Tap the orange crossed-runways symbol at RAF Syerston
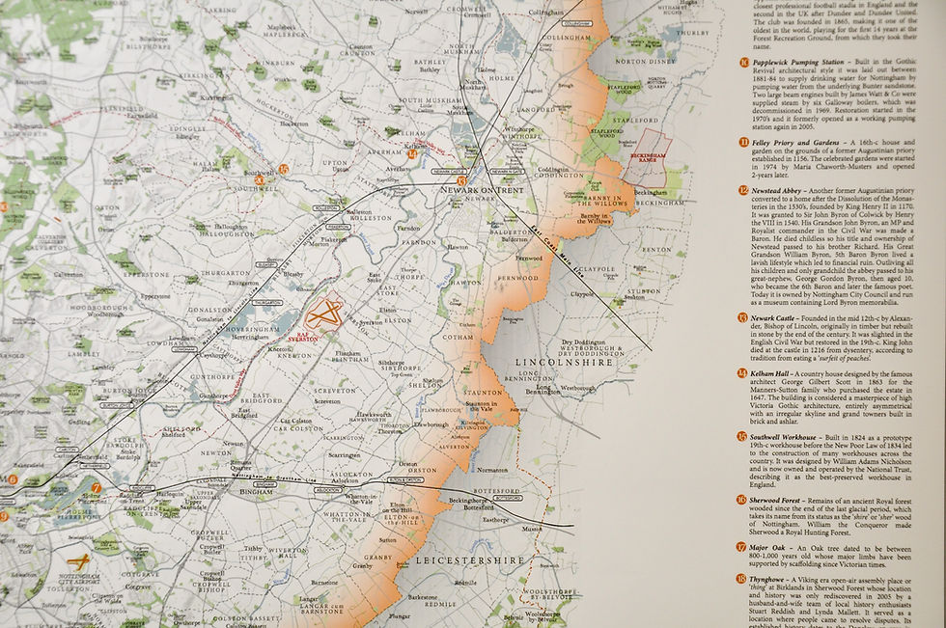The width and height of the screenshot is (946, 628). click(323, 310)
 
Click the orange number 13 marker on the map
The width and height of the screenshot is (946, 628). click(462, 180)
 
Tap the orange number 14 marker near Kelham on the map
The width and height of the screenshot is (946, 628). click(412, 153)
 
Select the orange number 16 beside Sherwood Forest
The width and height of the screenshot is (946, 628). click(742, 500)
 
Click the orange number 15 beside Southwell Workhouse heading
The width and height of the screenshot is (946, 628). click(742, 437)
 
